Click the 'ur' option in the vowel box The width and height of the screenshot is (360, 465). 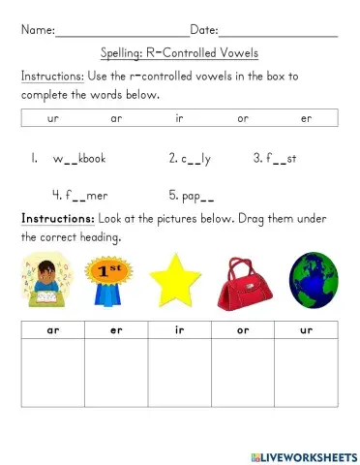53,118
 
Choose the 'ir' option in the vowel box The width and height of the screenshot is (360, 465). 180,118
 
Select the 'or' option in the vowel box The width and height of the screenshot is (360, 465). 243,118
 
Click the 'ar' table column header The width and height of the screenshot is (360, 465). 52,331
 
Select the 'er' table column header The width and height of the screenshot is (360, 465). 116,331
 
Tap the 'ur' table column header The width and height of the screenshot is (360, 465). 307,331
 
